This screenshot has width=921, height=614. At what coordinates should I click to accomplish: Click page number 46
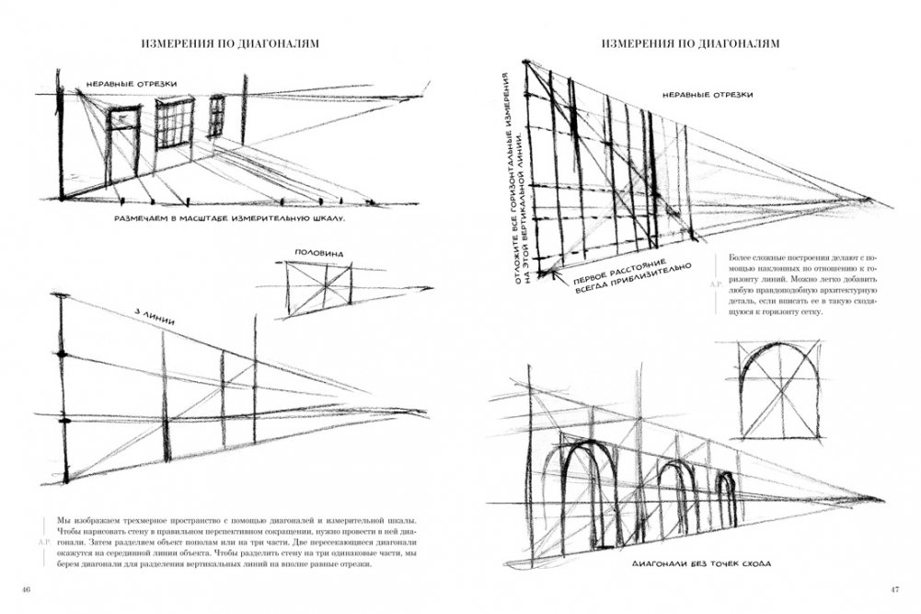click(x=27, y=589)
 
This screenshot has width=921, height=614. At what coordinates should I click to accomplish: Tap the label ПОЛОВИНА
click(x=317, y=251)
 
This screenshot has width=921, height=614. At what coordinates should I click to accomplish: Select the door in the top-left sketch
click(x=123, y=147)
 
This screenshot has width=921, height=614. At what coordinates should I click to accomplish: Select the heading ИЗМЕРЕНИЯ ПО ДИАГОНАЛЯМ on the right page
click(x=690, y=43)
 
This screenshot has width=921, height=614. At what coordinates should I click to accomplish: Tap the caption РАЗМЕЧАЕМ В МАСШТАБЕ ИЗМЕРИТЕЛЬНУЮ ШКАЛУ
click(x=228, y=220)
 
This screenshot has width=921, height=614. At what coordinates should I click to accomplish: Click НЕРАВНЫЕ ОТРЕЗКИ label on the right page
click(x=708, y=95)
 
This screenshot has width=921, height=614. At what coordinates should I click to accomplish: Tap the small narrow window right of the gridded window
click(x=217, y=117)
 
